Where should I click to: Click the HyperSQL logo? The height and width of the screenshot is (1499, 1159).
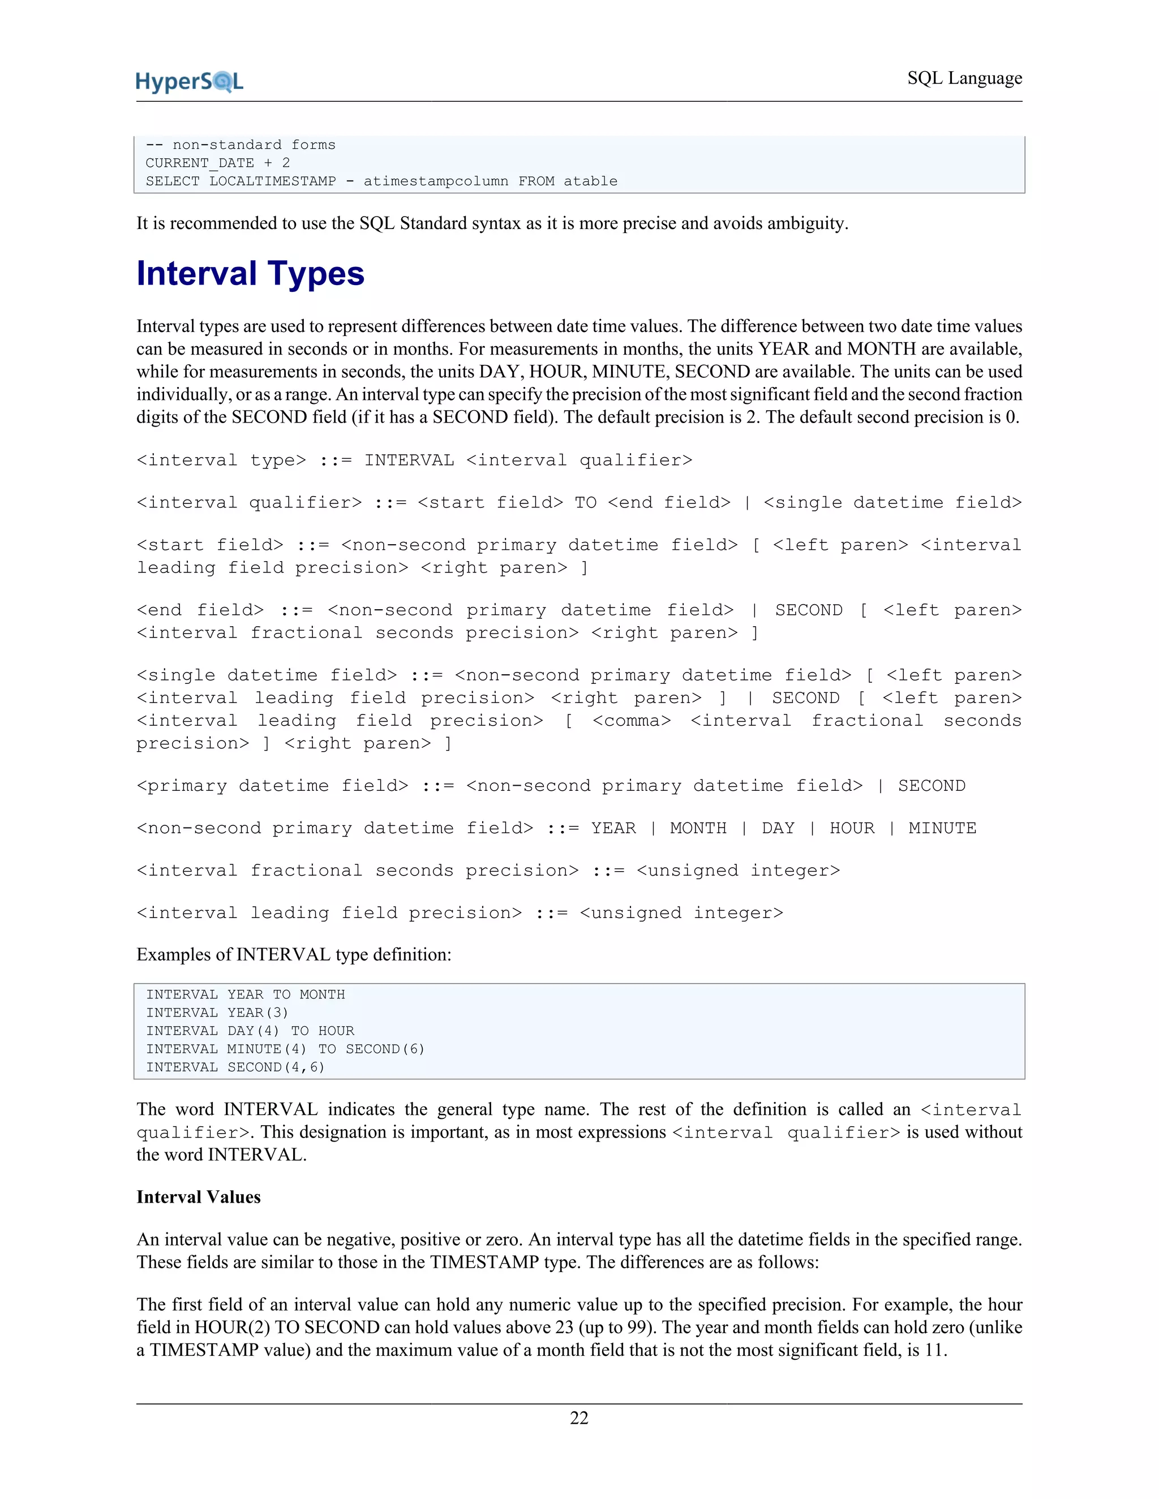[190, 81]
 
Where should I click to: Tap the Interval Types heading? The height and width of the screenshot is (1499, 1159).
[250, 274]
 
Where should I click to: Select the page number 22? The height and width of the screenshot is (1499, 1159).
[579, 1418]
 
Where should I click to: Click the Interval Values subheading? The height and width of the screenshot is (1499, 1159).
[199, 1197]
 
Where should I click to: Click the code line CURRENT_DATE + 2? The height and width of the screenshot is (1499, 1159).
[218, 163]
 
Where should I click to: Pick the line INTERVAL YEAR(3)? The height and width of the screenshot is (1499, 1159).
[217, 1013]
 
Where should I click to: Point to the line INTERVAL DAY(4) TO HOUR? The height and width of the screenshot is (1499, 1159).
[250, 1031]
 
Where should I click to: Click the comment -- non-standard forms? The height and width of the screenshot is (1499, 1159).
[241, 145]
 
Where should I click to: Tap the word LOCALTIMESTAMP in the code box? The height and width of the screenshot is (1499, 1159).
[273, 181]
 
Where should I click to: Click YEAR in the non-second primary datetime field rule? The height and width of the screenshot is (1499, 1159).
[613, 829]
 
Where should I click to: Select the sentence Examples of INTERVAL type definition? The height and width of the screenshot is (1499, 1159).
[294, 955]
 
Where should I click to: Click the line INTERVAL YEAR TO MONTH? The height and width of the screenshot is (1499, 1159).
[245, 994]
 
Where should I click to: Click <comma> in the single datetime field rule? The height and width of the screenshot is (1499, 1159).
[631, 721]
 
